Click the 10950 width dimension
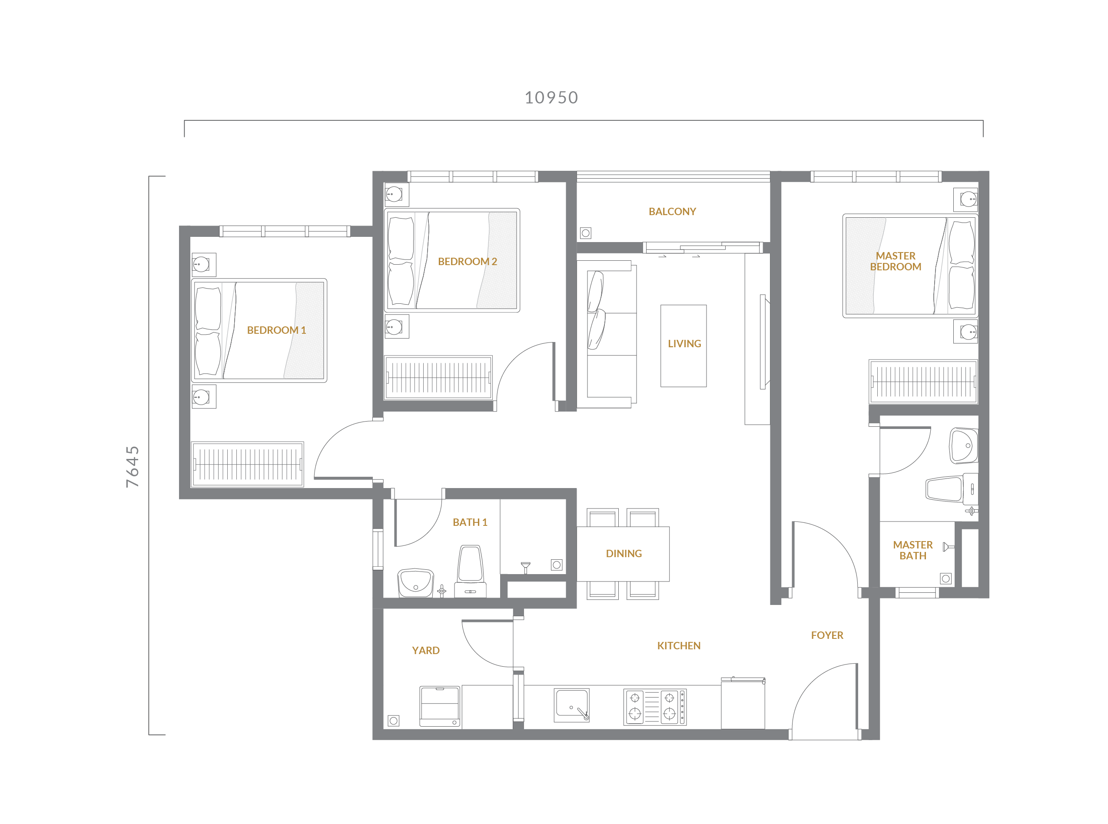(551, 97)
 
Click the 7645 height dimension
(132, 466)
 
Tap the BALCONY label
(672, 212)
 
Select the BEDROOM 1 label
(276, 330)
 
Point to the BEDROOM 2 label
(467, 261)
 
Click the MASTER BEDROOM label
(896, 261)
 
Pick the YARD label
(425, 651)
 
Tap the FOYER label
(827, 635)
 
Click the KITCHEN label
(679, 646)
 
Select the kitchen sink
(571, 705)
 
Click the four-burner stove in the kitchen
(655, 707)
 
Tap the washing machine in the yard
(440, 706)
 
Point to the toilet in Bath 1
(470, 571)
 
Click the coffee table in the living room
(683, 346)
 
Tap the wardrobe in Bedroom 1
(247, 464)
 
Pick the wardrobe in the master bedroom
(923, 382)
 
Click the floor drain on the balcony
(585, 233)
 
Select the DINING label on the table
(624, 554)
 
